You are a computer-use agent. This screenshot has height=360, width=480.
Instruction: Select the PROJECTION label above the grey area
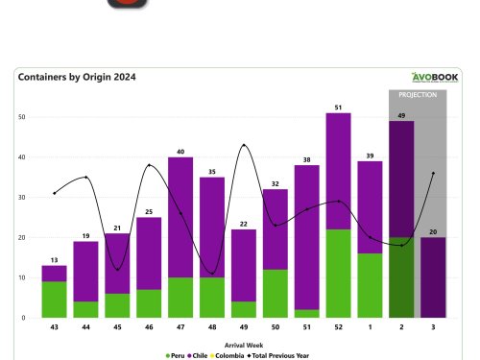pos(418,95)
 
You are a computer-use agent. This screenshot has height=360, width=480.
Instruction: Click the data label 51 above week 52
pos(337,107)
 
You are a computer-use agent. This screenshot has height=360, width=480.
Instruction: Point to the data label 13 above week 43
pos(54,259)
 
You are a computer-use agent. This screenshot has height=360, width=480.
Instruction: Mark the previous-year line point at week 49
pos(243,145)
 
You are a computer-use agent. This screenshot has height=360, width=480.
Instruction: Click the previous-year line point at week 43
pos(54,193)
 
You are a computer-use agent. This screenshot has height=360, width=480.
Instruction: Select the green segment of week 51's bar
pos(305,313)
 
